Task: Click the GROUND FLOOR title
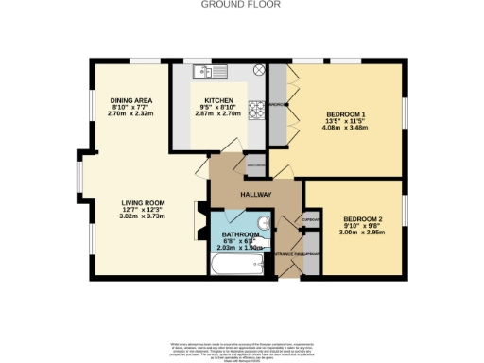[241, 4]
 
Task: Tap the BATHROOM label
[240, 233]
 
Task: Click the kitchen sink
[202, 72]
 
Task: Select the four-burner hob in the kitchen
[255, 108]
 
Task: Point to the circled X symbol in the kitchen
[257, 72]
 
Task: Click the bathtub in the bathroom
[237, 268]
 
